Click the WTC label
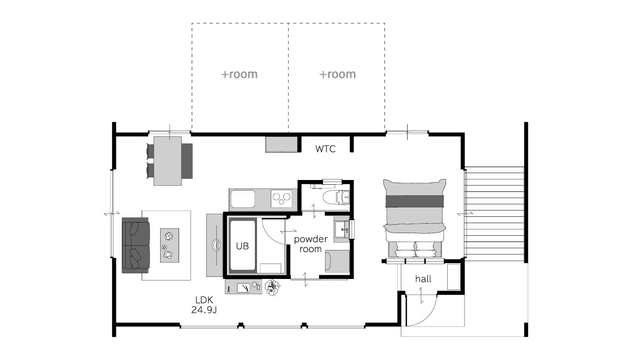coord(325,149)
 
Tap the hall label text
coord(423,279)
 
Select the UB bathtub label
coord(242,246)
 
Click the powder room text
coord(311,244)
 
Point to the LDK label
coord(204,299)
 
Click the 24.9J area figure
coord(204,310)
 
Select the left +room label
coord(239,74)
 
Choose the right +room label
coord(338,74)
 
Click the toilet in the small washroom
coord(336,197)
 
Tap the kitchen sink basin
coord(243,199)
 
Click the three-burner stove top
coord(282,198)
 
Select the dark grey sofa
coord(136,245)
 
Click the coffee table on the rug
coord(170,245)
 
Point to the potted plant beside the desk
coord(272,287)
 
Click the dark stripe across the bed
coord(414,201)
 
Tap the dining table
coord(167,161)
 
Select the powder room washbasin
coord(342,229)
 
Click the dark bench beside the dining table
coord(187,161)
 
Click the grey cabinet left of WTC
coord(282,145)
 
